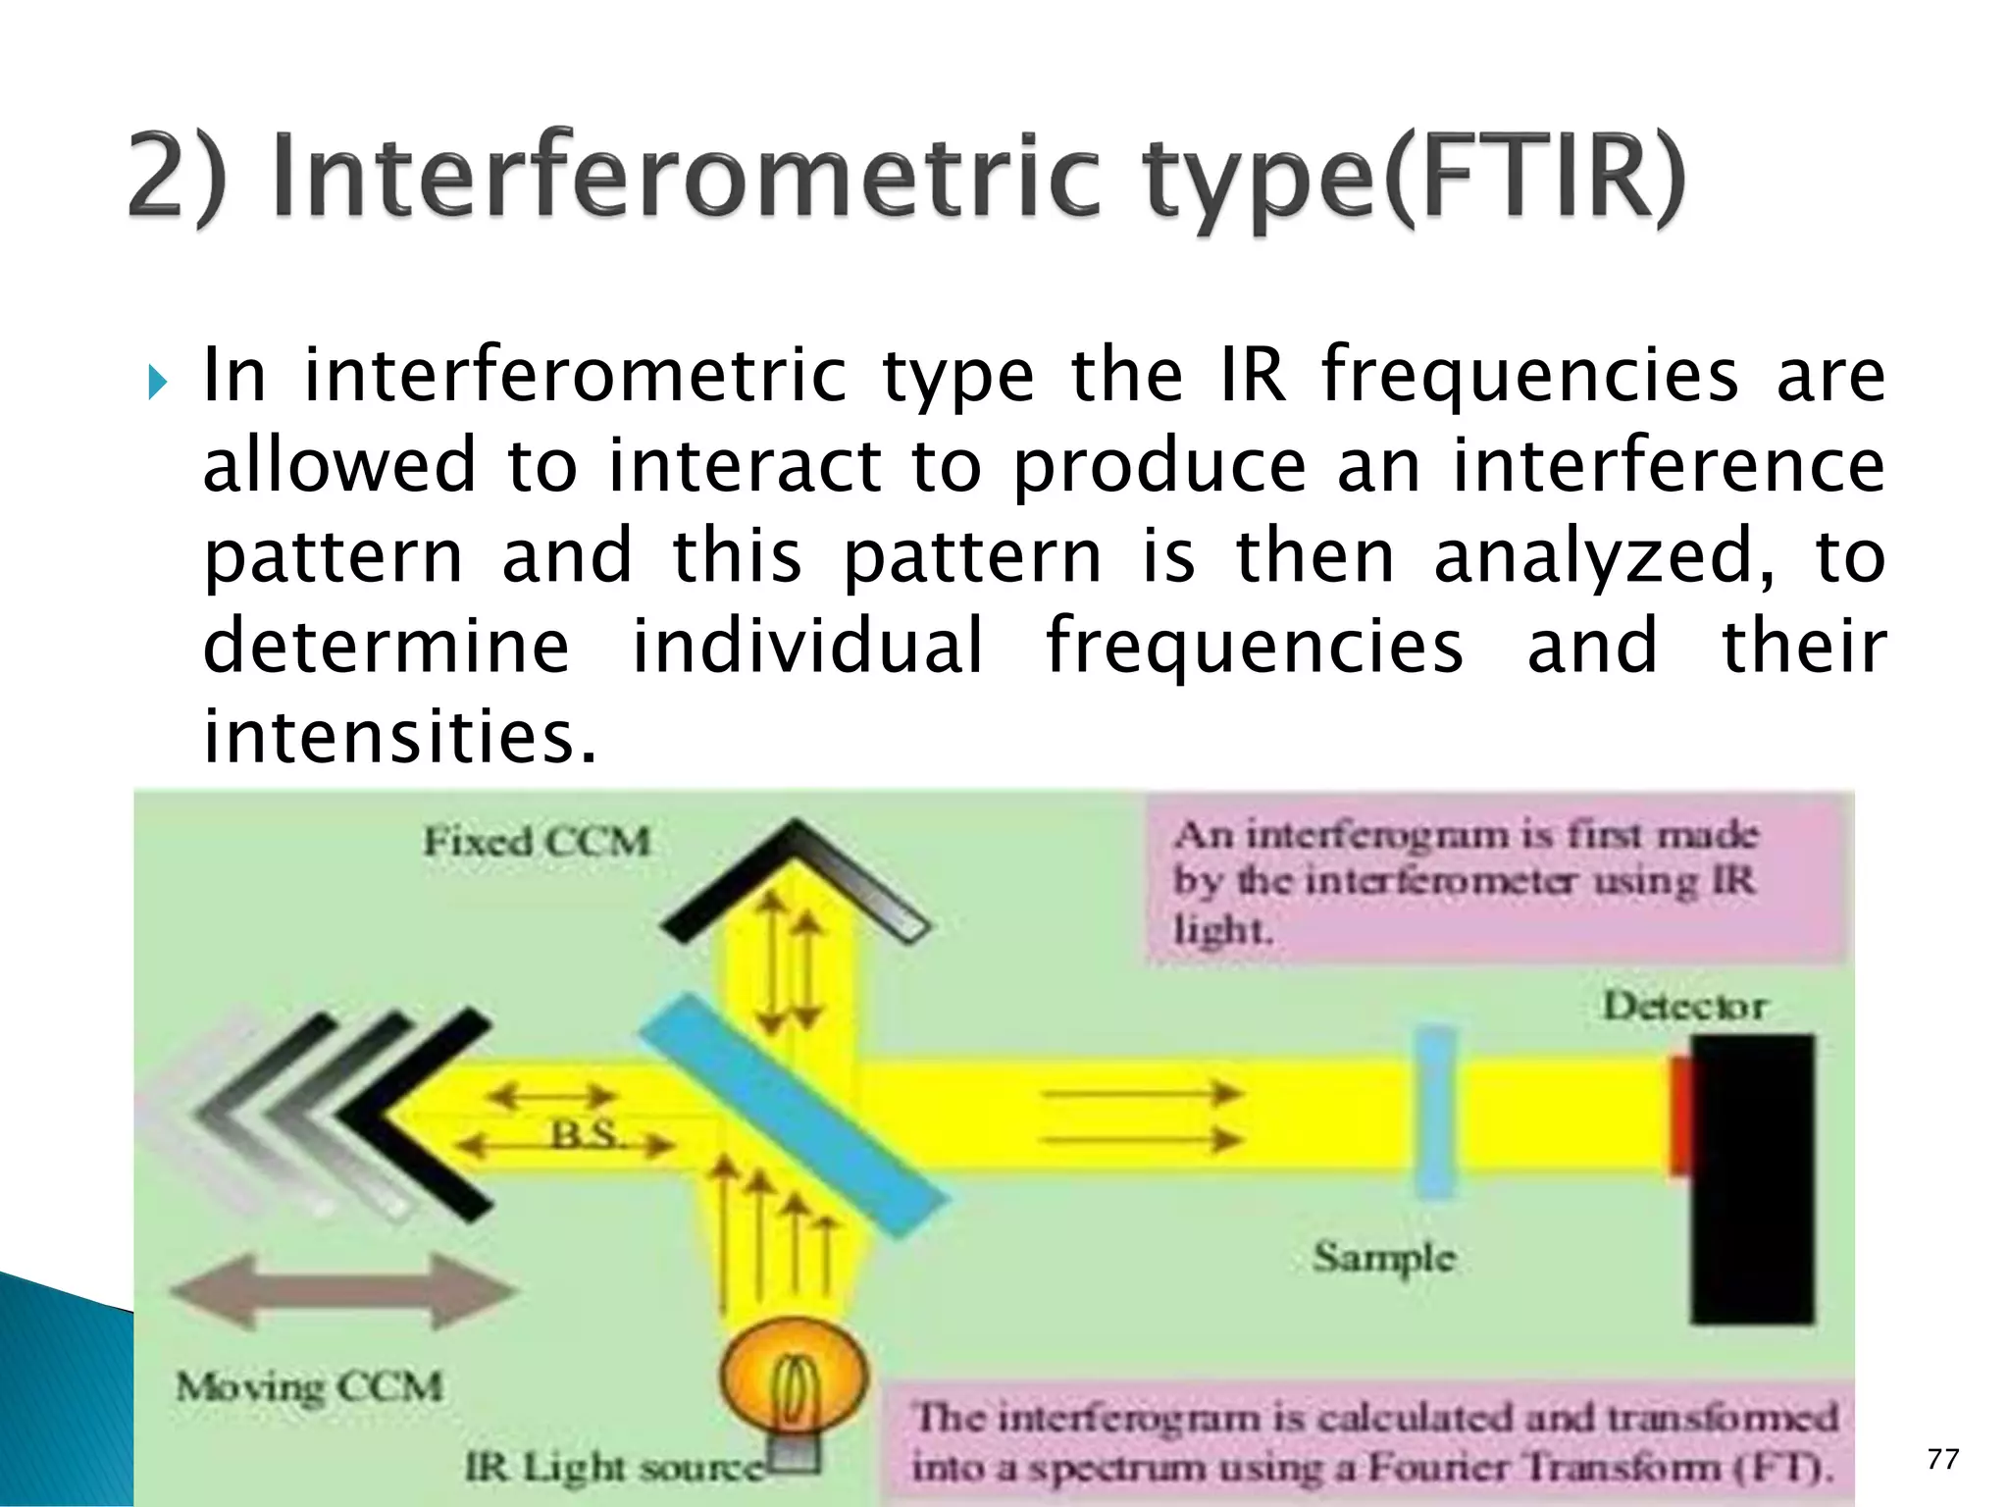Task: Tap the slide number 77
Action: tap(1942, 1460)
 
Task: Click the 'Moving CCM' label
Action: tap(309, 1387)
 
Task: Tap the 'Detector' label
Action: tap(1683, 1007)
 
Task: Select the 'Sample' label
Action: tap(1383, 1257)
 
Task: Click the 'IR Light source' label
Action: tap(613, 1468)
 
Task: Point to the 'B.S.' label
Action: tap(585, 1135)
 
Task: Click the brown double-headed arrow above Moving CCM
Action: tap(343, 1291)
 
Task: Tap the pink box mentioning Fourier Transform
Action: tap(1373, 1441)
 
